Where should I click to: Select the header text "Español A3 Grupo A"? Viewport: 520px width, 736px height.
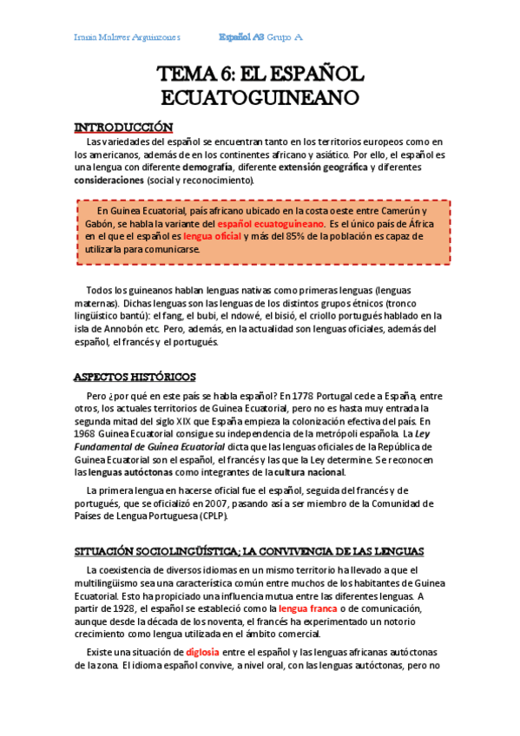click(260, 37)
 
